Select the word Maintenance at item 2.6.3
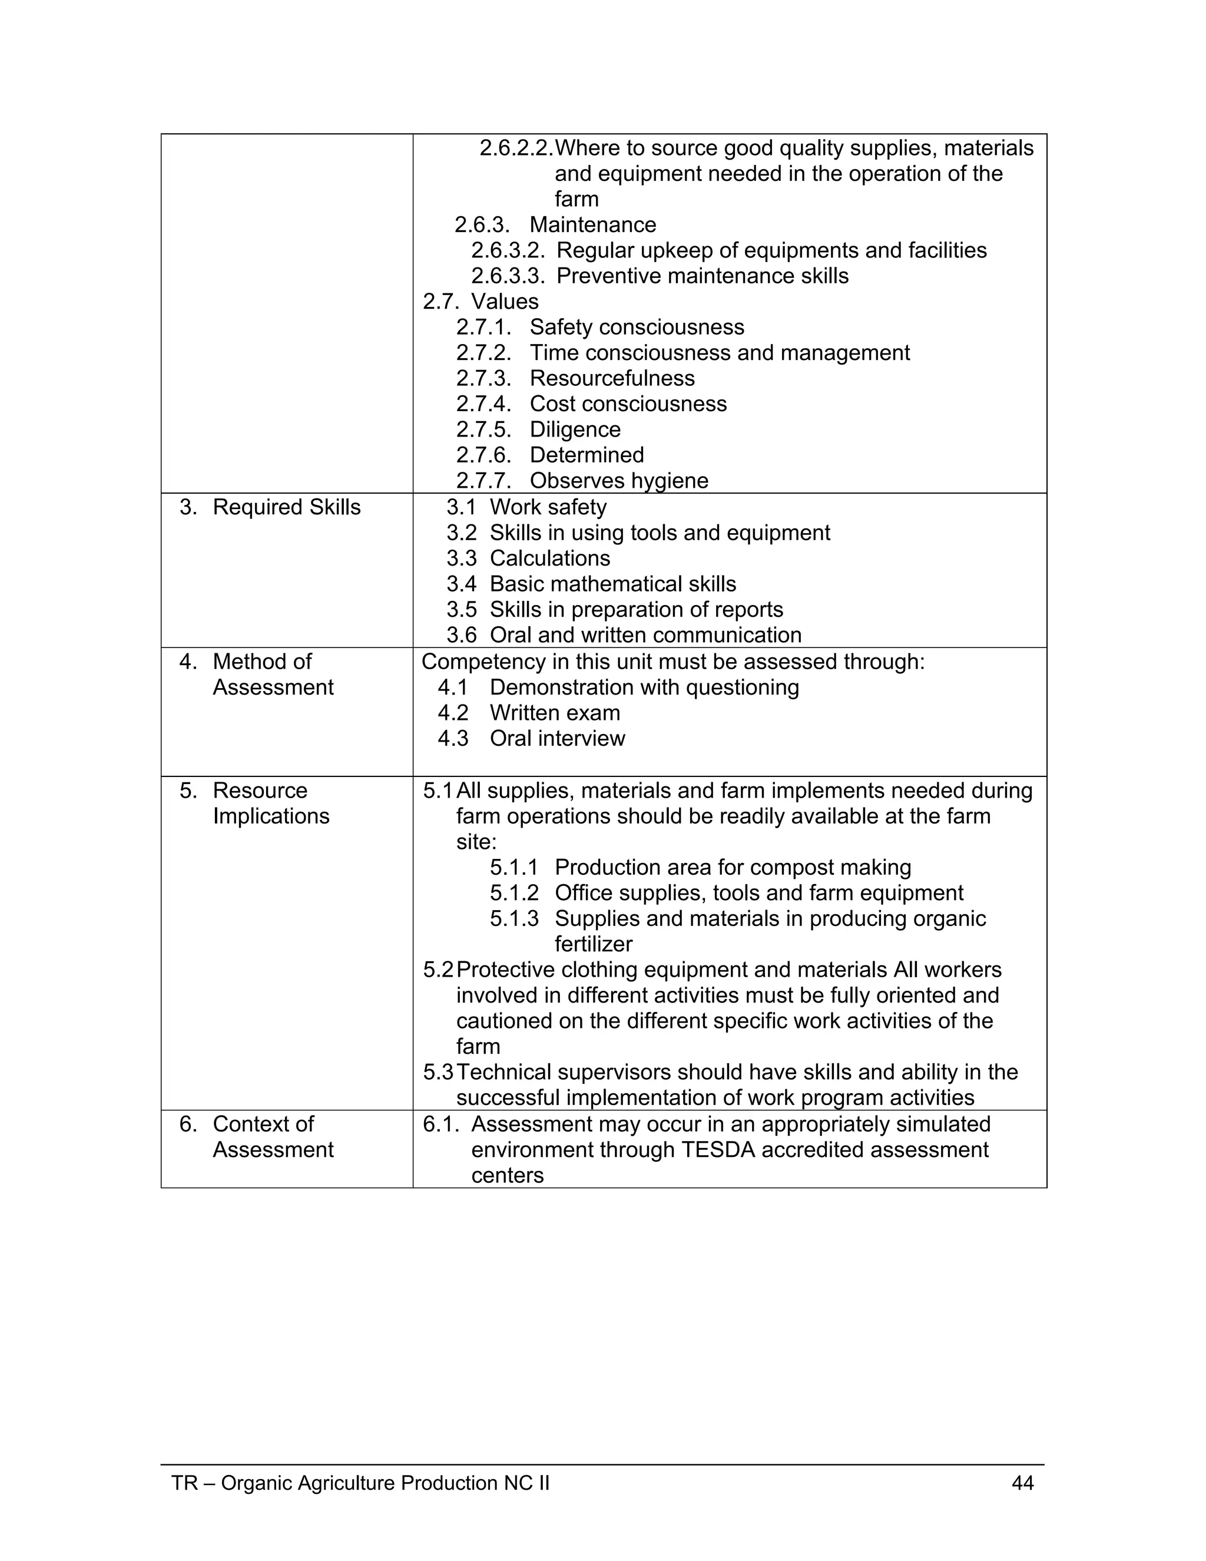point(592,224)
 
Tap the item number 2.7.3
point(483,378)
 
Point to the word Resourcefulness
point(612,378)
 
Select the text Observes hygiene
point(619,480)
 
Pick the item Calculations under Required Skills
point(549,558)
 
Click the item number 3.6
point(461,634)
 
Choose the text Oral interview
point(556,738)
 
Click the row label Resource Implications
point(270,803)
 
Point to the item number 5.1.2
point(513,892)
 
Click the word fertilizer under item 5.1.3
point(593,944)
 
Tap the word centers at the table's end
point(507,1175)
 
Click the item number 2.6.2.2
point(516,148)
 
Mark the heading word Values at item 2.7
point(505,302)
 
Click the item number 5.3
point(438,1072)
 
